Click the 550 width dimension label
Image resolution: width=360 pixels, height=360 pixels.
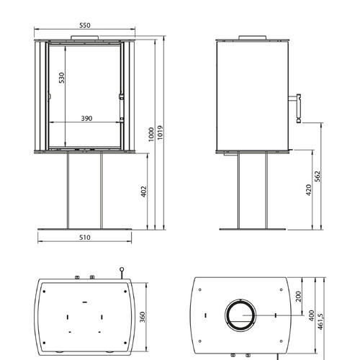pos(85,25)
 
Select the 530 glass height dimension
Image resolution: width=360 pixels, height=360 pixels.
pos(62,78)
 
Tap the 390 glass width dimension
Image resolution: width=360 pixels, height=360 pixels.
pos(86,118)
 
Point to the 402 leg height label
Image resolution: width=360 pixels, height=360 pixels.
pos(143,192)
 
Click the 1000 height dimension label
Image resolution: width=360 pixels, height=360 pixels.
pos(151,135)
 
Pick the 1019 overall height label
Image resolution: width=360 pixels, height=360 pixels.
pos(160,132)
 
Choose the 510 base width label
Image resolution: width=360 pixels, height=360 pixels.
pos(85,238)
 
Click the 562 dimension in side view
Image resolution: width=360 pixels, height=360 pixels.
pos(318,176)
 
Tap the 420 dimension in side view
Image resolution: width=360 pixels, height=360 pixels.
pos(309,190)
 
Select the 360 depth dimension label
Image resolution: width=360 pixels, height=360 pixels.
pos(143,317)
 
